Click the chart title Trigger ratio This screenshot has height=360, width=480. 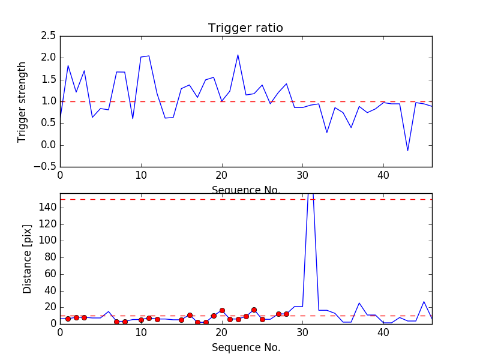coord(245,28)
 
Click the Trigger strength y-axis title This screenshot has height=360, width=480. coord(22,101)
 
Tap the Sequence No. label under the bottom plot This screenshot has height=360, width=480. coord(245,347)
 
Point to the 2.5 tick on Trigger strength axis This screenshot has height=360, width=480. coord(49,36)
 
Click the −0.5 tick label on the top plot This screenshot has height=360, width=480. coord(44,167)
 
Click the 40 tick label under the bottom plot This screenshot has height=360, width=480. coord(384,334)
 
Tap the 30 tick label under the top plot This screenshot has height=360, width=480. coord(303,178)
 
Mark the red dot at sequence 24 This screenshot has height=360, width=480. coord(254,310)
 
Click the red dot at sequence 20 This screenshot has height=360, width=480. coord(222,310)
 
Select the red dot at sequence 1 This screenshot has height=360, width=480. coord(68,319)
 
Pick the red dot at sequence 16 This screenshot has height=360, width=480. coord(190,315)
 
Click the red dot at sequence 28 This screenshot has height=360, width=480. coord(286,314)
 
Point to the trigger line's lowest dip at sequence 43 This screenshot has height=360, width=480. coord(407,151)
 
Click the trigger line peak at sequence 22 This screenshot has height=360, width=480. coord(238,55)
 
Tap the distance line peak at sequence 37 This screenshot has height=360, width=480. coord(359,303)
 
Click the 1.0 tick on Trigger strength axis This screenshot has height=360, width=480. coord(49,101)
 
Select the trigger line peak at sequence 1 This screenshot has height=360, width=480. coord(68,65)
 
